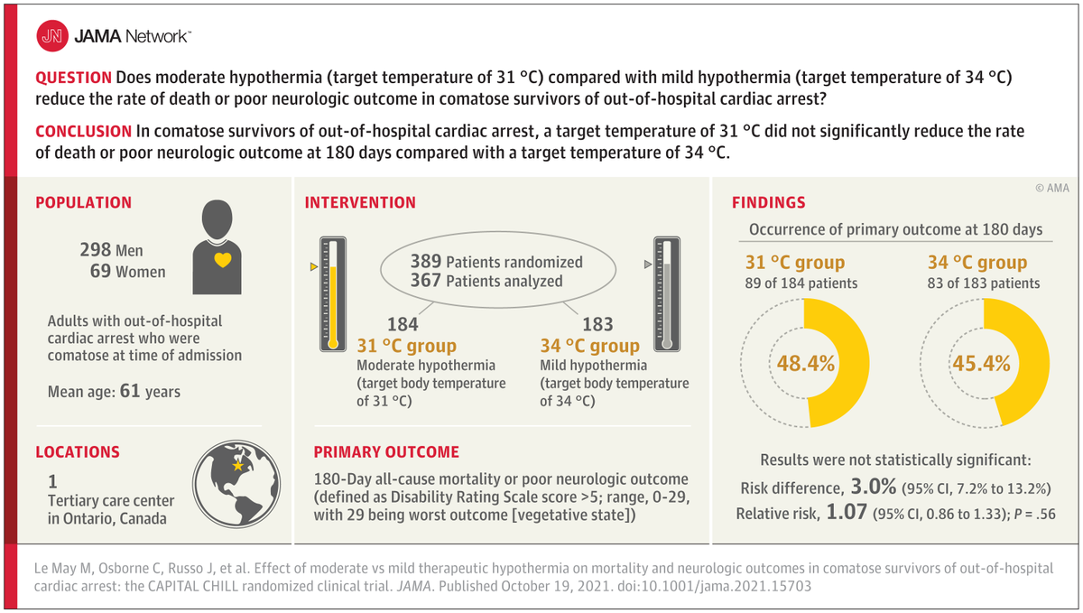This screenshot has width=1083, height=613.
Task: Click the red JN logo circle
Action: (51, 36)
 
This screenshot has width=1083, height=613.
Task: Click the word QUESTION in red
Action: (73, 78)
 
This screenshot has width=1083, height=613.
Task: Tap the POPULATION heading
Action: (83, 203)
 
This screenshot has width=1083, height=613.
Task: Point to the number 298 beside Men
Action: (96, 250)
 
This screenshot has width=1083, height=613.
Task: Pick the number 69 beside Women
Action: (100, 271)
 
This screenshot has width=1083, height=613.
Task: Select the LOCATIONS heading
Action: (78, 451)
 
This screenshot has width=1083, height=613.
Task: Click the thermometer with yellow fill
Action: (333, 294)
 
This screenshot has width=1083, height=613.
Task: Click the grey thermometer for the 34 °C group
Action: (666, 294)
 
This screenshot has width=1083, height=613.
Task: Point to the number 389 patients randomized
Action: (426, 262)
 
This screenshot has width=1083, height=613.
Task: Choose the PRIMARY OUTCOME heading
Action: (386, 451)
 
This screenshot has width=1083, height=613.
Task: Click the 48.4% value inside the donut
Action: (805, 364)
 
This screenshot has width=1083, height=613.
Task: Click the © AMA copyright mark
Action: (1052, 188)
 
